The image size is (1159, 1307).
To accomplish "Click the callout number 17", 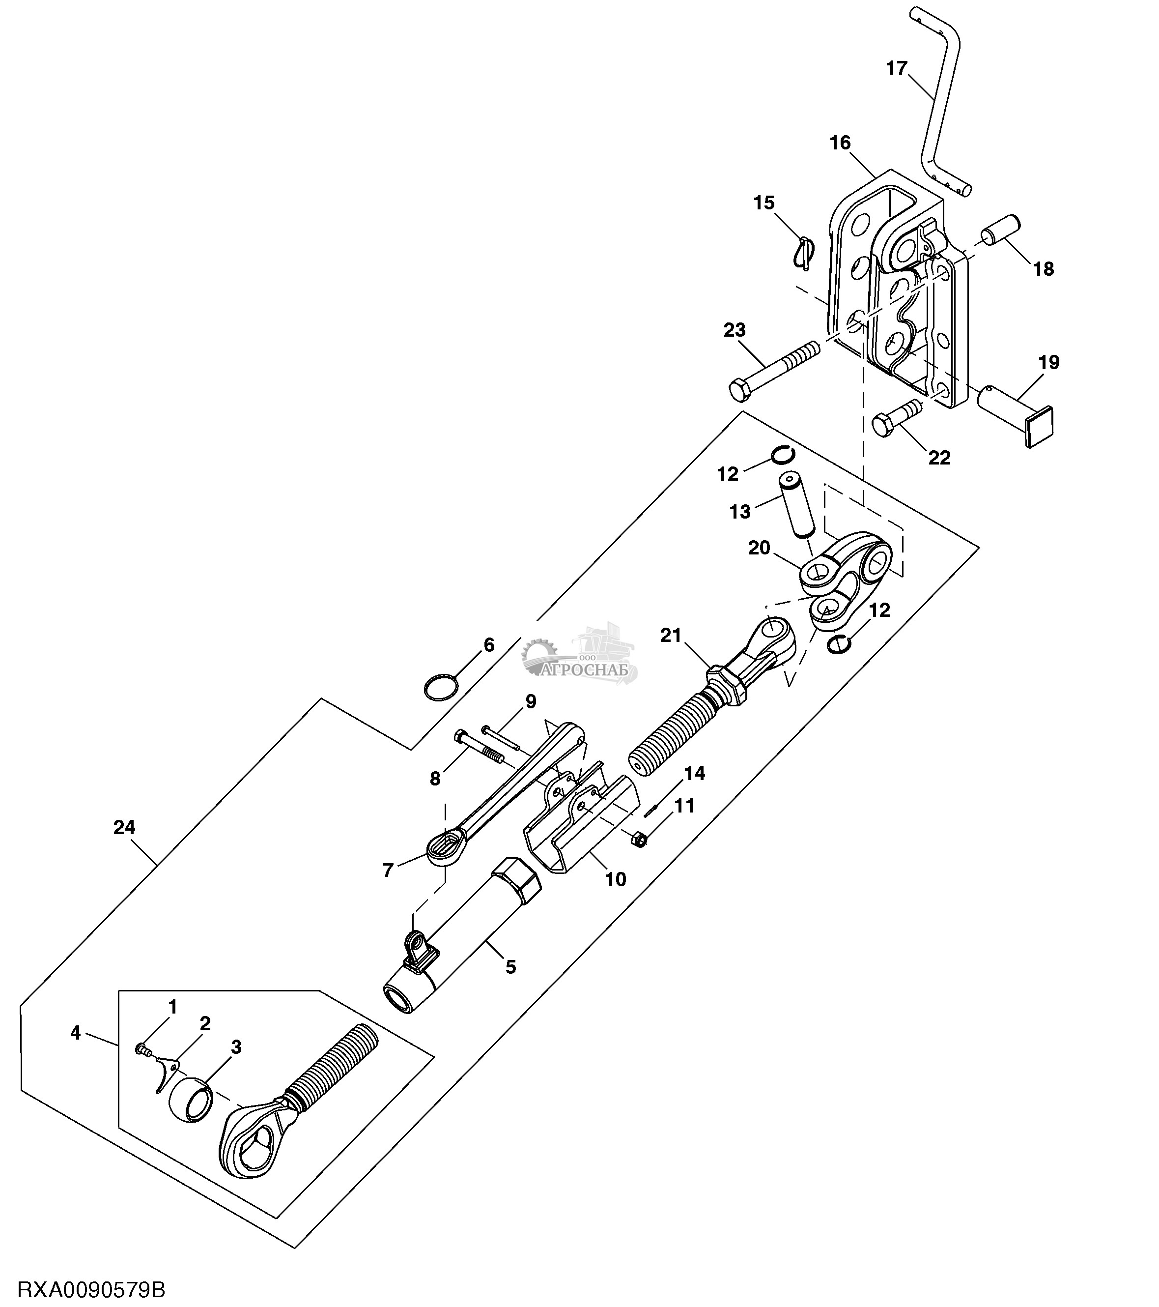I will pos(897,68).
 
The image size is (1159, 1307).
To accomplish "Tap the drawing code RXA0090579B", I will pos(91,1290).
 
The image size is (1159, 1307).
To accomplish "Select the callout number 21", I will pos(671,636).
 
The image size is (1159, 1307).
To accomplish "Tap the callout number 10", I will pos(615,880).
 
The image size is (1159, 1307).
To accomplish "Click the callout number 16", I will pos(840,143).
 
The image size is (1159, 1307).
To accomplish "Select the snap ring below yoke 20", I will pos(838,644).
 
